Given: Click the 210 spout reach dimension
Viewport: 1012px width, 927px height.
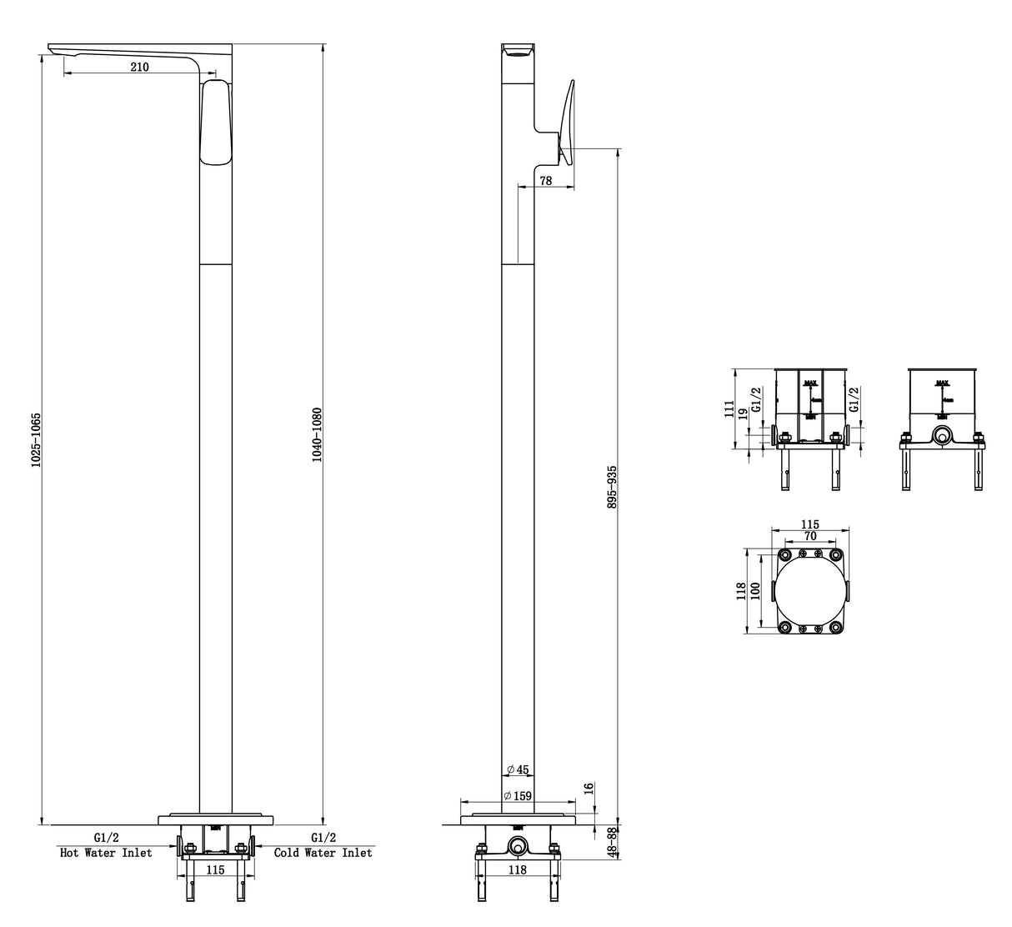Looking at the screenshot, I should (139, 67).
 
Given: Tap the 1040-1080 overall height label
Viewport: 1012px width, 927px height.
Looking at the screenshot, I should (318, 435).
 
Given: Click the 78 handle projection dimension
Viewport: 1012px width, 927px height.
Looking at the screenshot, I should (545, 181).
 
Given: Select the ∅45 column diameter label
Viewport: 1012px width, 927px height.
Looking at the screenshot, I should (518, 769).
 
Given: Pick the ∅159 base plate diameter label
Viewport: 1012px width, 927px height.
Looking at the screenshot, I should (518, 796).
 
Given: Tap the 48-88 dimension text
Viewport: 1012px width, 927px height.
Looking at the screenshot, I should (613, 843).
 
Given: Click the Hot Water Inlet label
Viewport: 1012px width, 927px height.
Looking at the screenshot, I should (106, 853).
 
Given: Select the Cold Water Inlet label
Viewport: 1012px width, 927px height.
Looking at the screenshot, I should (323, 853).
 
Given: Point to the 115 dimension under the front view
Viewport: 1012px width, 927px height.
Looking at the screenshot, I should (215, 869).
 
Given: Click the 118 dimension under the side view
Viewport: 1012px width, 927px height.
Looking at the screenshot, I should (517, 869).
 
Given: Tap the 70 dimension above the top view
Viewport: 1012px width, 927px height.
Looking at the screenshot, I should (810, 537).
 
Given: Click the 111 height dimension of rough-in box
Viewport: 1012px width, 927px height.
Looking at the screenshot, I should (729, 409).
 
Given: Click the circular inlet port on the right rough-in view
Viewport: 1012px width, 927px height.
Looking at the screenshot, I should (942, 435).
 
